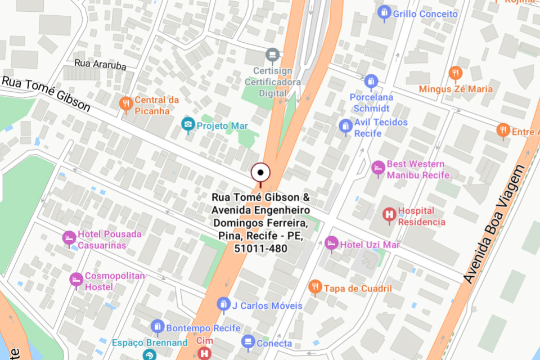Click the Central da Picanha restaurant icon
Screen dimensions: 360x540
126,103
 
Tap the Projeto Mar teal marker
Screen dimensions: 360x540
188,125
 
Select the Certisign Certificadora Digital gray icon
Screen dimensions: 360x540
273,55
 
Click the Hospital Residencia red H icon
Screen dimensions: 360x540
389,215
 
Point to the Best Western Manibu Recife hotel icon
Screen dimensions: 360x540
379,168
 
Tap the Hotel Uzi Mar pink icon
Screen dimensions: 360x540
332,243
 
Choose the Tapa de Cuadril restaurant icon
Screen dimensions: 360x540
316,287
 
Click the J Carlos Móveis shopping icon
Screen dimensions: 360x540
224,305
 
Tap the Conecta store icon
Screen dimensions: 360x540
248,341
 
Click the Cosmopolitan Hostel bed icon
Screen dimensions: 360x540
76,280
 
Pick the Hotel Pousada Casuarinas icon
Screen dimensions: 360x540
69,238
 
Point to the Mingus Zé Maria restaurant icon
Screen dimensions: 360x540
456,73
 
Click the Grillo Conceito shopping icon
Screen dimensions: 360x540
384,12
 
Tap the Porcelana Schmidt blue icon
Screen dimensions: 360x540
370,82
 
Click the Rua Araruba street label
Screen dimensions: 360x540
101,65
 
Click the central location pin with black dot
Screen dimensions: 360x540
260,173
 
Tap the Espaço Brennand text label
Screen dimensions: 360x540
149,343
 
